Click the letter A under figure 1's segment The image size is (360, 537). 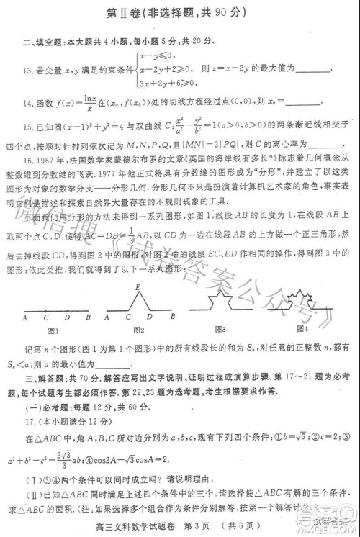pyautogui.click(x=24, y=317)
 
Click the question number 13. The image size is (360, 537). pyautogui.click(x=28, y=71)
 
